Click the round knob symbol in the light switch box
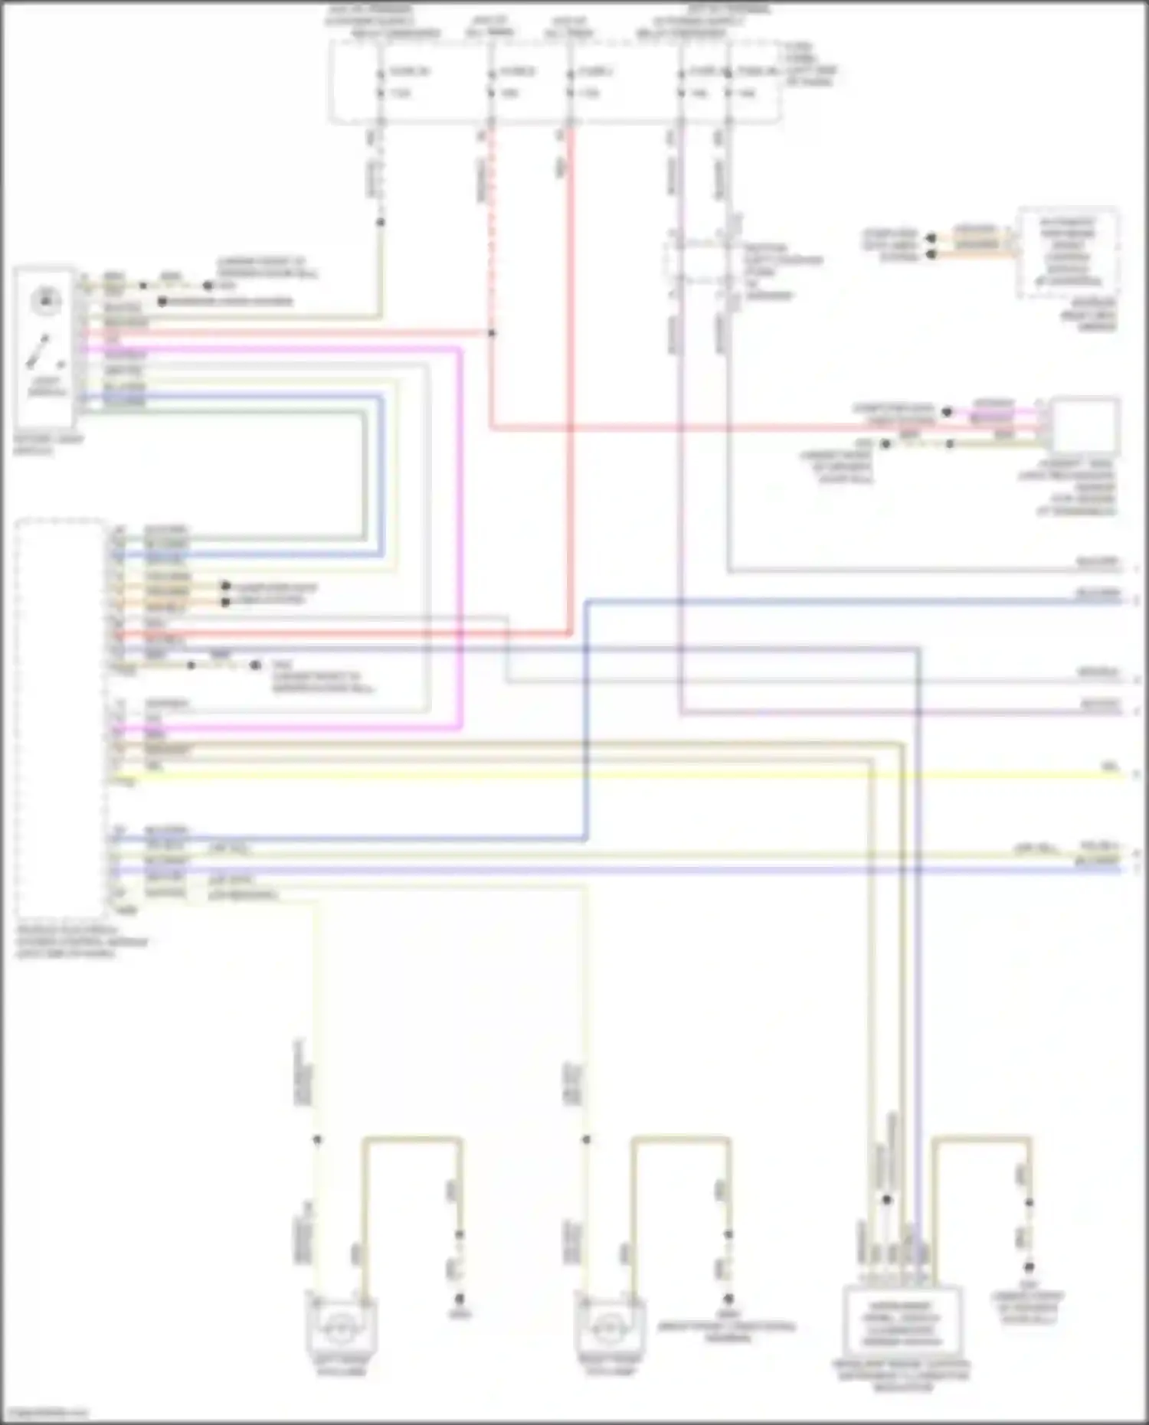click(x=45, y=300)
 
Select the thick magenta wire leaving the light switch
click(x=460, y=536)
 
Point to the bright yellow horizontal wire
click(x=613, y=776)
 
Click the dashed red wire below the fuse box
click(x=491, y=230)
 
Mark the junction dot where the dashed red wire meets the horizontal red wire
click(x=492, y=333)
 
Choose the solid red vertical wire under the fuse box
click(x=570, y=383)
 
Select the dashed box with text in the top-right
click(x=1068, y=252)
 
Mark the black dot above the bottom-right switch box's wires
click(x=886, y=1200)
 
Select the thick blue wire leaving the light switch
click(x=381, y=475)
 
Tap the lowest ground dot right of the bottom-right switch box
click(x=1029, y=1267)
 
